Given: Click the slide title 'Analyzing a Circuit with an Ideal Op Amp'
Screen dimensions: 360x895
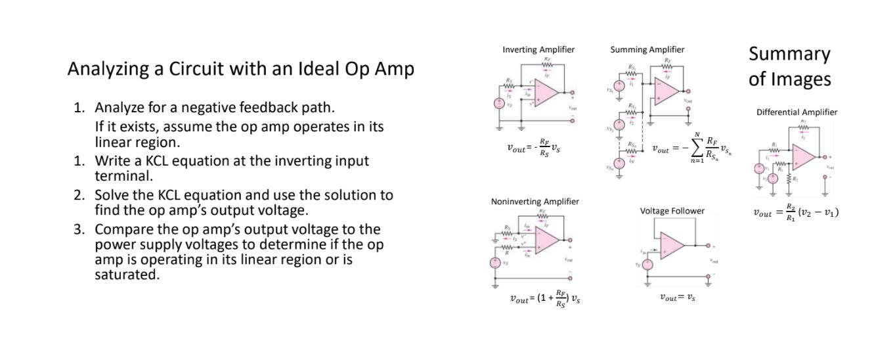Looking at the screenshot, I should pyautogui.click(x=240, y=70).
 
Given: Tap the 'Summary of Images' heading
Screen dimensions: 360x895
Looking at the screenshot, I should pyautogui.click(x=789, y=66).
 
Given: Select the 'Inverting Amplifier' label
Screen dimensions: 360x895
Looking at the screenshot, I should pyautogui.click(x=538, y=50).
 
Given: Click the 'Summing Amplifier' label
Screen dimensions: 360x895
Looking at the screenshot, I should pyautogui.click(x=647, y=50).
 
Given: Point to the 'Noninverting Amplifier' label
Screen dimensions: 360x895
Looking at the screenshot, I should pyautogui.click(x=535, y=202).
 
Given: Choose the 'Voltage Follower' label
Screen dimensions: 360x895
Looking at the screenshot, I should pyautogui.click(x=672, y=211).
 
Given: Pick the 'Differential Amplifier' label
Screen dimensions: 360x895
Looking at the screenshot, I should pyautogui.click(x=797, y=112).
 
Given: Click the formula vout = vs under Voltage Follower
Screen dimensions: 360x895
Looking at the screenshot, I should pyautogui.click(x=677, y=297).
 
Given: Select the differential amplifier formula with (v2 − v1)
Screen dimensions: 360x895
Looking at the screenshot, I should pyautogui.click(x=796, y=212).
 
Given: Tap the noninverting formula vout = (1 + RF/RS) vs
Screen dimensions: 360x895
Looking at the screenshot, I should pyautogui.click(x=544, y=298).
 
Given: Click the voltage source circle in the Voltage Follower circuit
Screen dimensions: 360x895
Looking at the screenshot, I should pyautogui.click(x=647, y=264).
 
